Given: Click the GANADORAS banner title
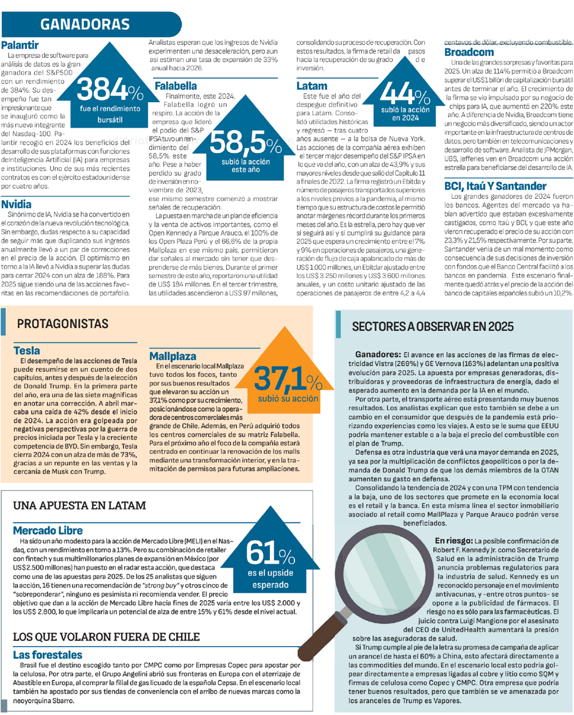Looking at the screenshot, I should [85, 24].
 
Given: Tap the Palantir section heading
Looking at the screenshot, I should [20, 45].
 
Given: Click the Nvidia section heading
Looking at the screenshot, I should [17, 204].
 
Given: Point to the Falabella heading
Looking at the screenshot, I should [176, 86].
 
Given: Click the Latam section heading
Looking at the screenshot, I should [312, 86].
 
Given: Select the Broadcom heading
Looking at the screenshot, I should [469, 52].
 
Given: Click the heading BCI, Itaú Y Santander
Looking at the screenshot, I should [495, 186].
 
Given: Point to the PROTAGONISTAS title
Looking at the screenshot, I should [63, 324].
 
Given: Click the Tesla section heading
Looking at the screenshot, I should [27, 350].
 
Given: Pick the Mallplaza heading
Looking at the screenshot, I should [173, 356].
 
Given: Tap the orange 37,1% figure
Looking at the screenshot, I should [288, 379].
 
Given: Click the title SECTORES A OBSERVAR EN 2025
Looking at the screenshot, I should [432, 327].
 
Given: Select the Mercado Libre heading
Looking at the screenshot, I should [48, 531].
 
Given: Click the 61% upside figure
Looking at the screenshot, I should [270, 554].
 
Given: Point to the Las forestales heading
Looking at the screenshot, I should [48, 655].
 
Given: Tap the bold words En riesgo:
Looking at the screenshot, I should [453, 541].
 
